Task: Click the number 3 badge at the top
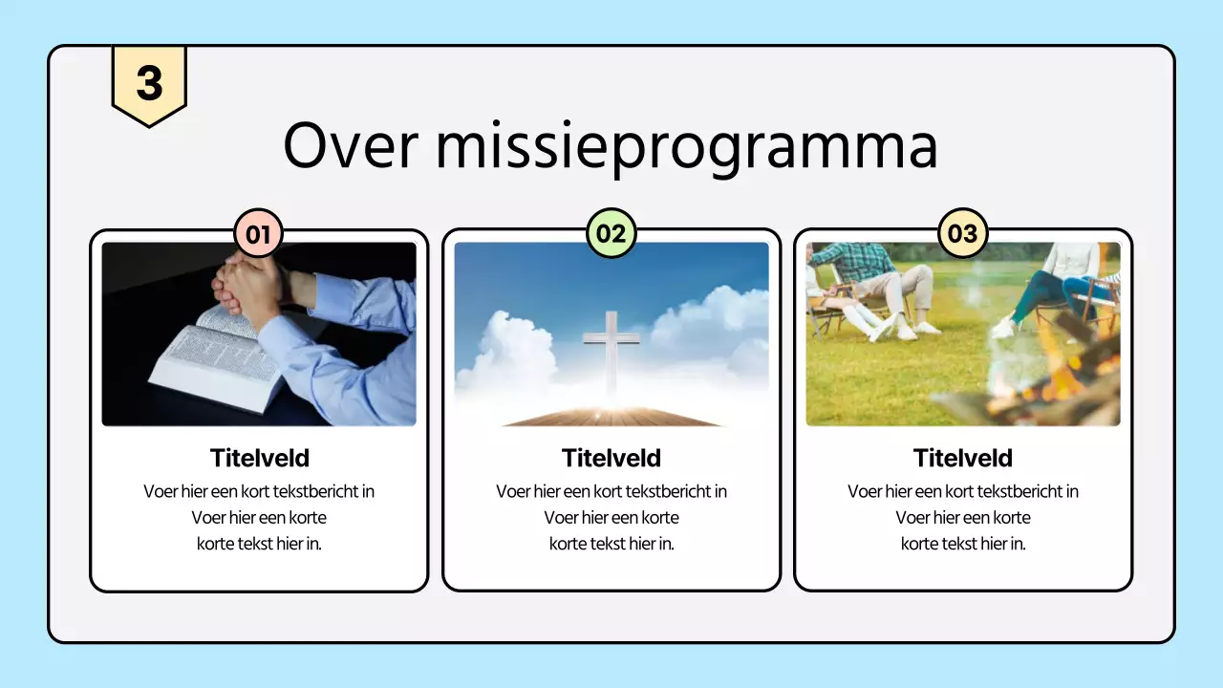tap(149, 84)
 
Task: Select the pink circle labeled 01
tap(258, 233)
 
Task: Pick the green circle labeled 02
tap(611, 233)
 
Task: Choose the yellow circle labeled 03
tap(962, 233)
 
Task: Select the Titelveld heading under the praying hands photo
tap(259, 458)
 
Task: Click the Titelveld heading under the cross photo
tap(611, 458)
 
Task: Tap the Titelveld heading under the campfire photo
tap(962, 458)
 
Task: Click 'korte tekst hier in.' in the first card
tap(259, 544)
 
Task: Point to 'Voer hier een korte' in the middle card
tap(611, 518)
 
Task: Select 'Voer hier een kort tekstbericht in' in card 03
tap(962, 491)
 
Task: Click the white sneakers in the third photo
tap(903, 330)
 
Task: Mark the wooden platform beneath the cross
tap(611, 417)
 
